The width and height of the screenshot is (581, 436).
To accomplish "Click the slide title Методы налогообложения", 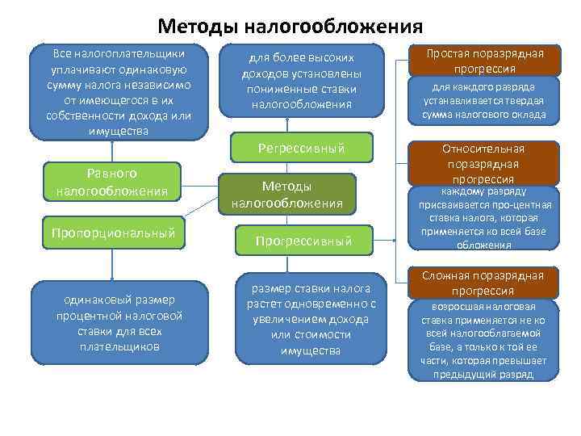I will (x=290, y=26).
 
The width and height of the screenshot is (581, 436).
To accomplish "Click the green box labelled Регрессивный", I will (x=301, y=148).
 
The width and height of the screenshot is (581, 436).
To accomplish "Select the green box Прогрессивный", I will (x=303, y=241).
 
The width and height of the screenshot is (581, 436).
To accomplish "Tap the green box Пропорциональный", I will (x=113, y=233).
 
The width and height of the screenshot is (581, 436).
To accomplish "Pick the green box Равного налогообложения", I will (x=112, y=182).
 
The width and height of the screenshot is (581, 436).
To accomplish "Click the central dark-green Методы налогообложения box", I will (x=299, y=195).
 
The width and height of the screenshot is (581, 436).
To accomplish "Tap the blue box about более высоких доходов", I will (x=301, y=81).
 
